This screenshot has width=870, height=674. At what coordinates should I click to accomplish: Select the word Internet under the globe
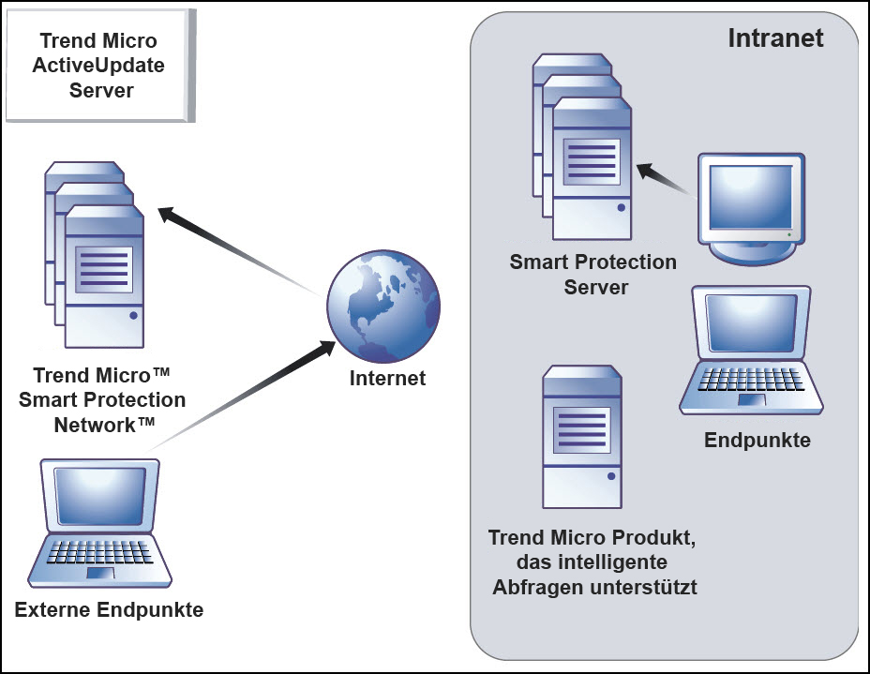pos(387,379)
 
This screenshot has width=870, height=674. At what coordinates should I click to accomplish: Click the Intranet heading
pos(775,38)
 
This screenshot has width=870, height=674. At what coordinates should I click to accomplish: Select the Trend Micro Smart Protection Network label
pos(102,399)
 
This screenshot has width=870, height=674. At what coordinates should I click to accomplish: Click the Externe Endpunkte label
pos(109,610)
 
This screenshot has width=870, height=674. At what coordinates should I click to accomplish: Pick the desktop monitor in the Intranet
pos(753,206)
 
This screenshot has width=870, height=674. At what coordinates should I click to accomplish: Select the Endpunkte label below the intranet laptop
pos(757,440)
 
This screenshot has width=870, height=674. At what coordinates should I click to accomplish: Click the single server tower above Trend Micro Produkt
pos(581,437)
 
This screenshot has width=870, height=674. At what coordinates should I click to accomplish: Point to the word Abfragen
pos(541,588)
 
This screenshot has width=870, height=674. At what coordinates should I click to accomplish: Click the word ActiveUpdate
pos(98,66)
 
